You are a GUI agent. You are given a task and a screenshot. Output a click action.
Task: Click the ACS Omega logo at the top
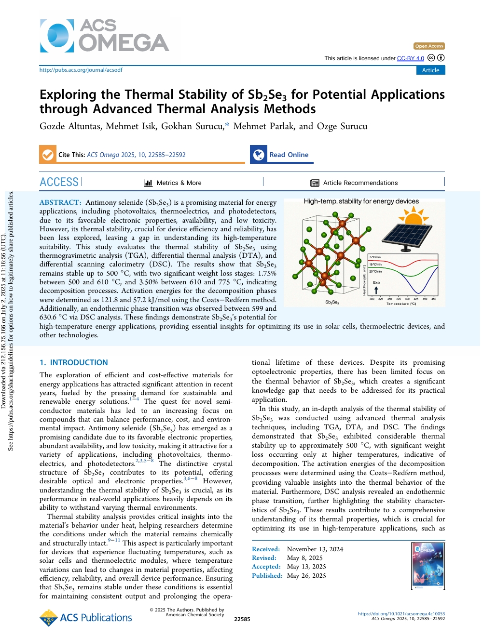coord(105,36)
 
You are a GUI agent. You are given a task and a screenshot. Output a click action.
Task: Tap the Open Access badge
coord(429,46)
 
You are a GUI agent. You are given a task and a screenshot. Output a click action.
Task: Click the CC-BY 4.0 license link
coord(410,58)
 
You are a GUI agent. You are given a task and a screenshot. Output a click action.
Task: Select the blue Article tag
coord(430,70)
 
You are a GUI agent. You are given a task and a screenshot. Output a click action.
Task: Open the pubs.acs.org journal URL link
coord(81,70)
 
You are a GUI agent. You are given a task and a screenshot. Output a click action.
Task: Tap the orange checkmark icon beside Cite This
coord(48,155)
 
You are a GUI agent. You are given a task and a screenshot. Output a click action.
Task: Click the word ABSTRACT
coord(60,202)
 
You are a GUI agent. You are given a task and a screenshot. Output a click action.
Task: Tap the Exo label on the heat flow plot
coord(376,282)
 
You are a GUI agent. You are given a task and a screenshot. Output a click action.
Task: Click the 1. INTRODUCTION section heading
coord(74,362)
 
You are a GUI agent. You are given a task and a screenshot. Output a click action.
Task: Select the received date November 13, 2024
coord(315,549)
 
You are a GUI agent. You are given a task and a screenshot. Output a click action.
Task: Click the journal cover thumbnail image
coord(428,566)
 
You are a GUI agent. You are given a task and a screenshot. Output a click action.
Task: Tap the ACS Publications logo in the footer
coord(86,618)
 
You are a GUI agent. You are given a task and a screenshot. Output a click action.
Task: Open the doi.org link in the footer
coord(401,613)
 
